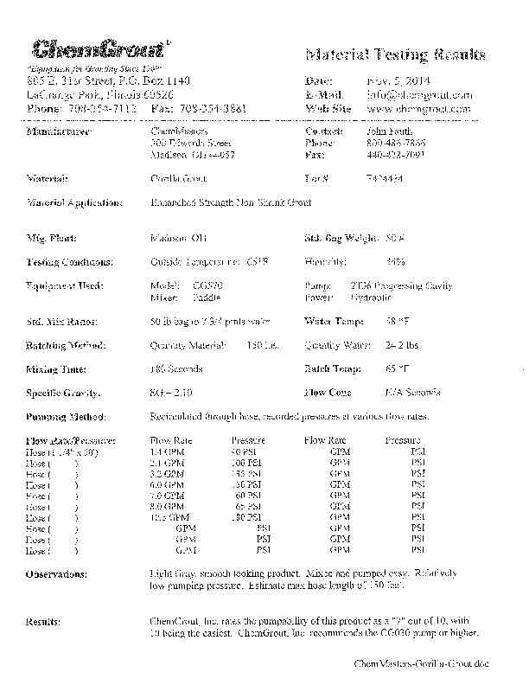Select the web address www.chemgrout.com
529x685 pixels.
418,109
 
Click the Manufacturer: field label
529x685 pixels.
60,131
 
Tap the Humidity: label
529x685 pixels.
326,260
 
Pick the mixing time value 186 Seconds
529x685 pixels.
176,368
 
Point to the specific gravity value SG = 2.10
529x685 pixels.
170,393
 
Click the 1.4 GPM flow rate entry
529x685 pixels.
167,451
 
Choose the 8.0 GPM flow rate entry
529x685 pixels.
167,507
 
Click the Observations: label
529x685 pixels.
57,574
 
